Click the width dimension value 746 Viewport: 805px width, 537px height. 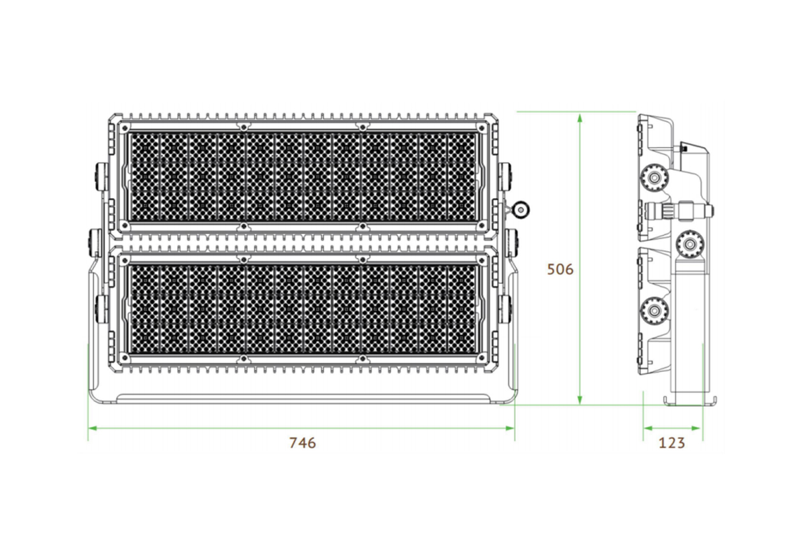302,443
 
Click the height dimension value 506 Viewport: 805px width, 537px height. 560,270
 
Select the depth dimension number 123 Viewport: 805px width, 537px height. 672,443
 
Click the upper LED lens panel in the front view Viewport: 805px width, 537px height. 302,177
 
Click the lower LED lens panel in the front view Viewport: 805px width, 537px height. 302,308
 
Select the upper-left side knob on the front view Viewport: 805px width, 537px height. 99,175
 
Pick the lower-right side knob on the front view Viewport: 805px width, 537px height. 507,307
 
